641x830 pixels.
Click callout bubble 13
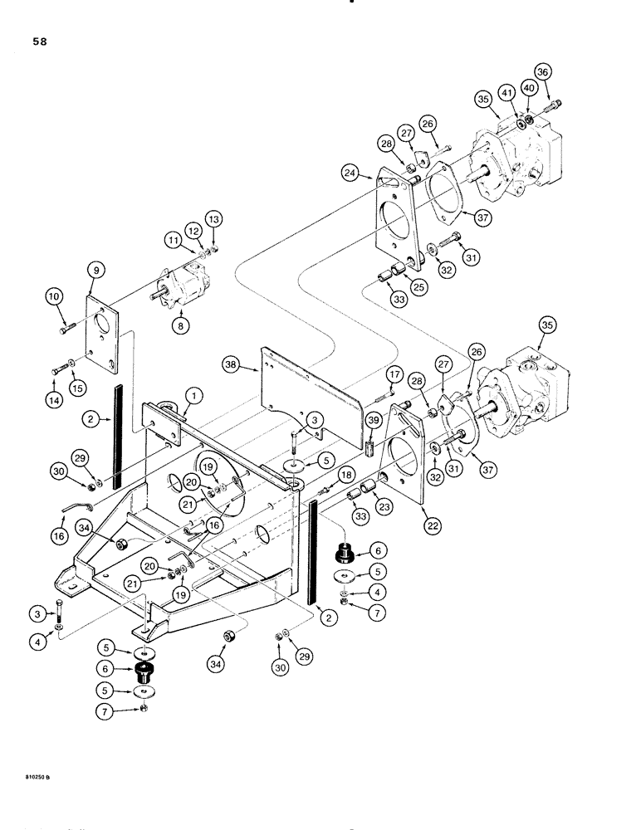214,219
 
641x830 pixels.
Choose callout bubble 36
543,73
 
